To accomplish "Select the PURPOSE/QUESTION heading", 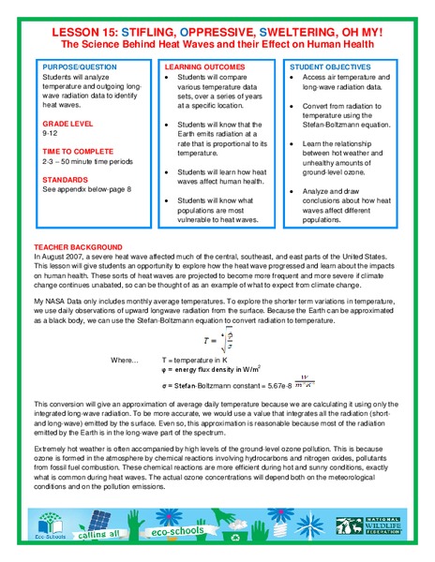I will point(76,68).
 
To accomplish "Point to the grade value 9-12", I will point(50,133).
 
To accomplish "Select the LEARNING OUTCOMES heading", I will point(201,68).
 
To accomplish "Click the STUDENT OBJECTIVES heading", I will point(328,68).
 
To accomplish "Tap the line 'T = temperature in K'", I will point(203,360).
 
